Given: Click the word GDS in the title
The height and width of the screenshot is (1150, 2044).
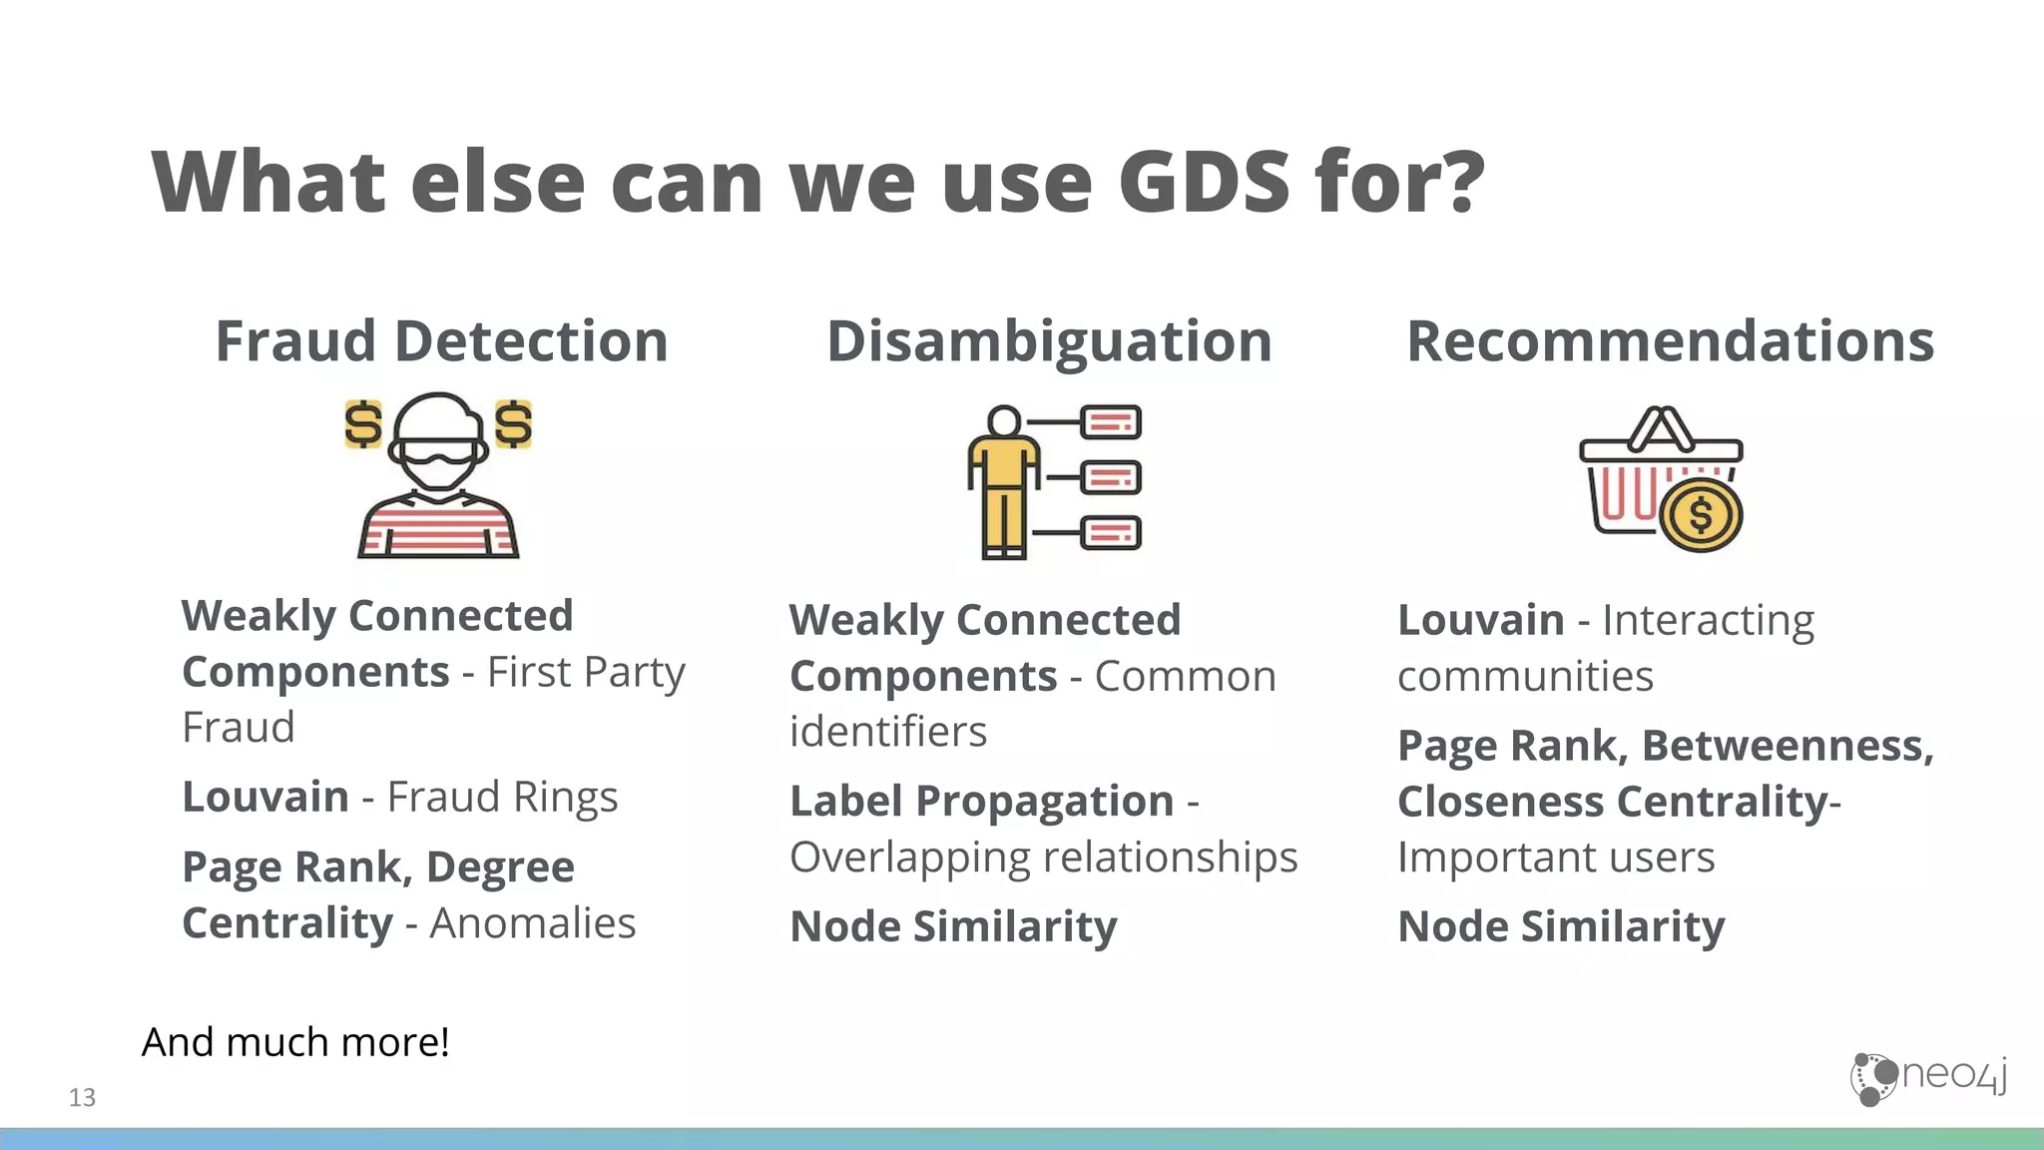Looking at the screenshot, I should (x=1205, y=182).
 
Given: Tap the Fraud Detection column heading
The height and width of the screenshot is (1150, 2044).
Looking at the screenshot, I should (x=441, y=341).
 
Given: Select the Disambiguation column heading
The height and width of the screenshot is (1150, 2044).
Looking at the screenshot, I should (x=1049, y=341).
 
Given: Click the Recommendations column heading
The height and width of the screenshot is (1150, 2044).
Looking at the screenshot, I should (x=1670, y=341).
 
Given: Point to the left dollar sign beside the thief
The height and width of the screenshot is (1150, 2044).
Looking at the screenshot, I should (x=363, y=424).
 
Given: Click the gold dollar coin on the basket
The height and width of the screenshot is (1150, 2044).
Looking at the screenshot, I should (x=1701, y=515).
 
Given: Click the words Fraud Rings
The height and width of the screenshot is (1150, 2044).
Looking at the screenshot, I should (x=502, y=798).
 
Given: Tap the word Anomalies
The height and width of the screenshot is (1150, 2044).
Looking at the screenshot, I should (x=532, y=923).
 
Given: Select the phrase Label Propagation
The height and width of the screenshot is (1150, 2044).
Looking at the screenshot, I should (x=981, y=802).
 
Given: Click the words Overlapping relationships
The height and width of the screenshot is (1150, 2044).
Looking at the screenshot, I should (x=1043, y=858).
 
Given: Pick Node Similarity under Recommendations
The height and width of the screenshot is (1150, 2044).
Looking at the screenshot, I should (x=1561, y=927).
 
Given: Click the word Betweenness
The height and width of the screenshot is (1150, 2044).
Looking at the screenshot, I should (x=1787, y=746).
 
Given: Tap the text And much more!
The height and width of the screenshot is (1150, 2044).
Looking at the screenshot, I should (x=295, y=1042).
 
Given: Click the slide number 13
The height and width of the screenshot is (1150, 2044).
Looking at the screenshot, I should (x=82, y=1098).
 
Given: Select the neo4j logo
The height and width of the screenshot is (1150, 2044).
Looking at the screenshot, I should (x=1928, y=1077).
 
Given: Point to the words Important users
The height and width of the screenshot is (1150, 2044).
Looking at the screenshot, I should (x=1555, y=858).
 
